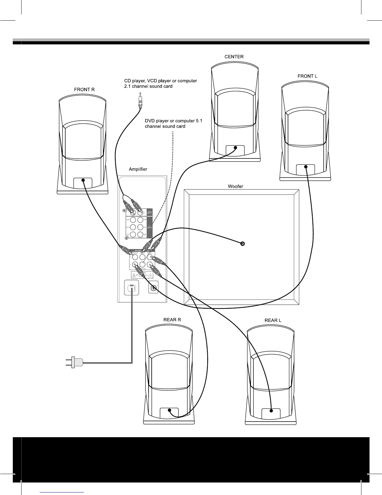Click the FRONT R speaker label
[84, 90]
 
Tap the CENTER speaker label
[234, 57]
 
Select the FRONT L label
[307, 76]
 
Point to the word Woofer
[235, 187]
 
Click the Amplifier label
[138, 169]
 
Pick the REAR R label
[172, 320]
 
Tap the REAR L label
[273, 320]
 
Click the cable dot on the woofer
[243, 244]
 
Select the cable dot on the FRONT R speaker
[83, 180]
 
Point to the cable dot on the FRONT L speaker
[306, 167]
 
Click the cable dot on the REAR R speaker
[169, 410]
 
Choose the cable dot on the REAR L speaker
[271, 411]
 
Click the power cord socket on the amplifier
[132, 288]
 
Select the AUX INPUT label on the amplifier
[149, 212]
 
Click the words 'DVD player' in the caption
[156, 121]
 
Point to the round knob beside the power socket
[153, 287]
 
